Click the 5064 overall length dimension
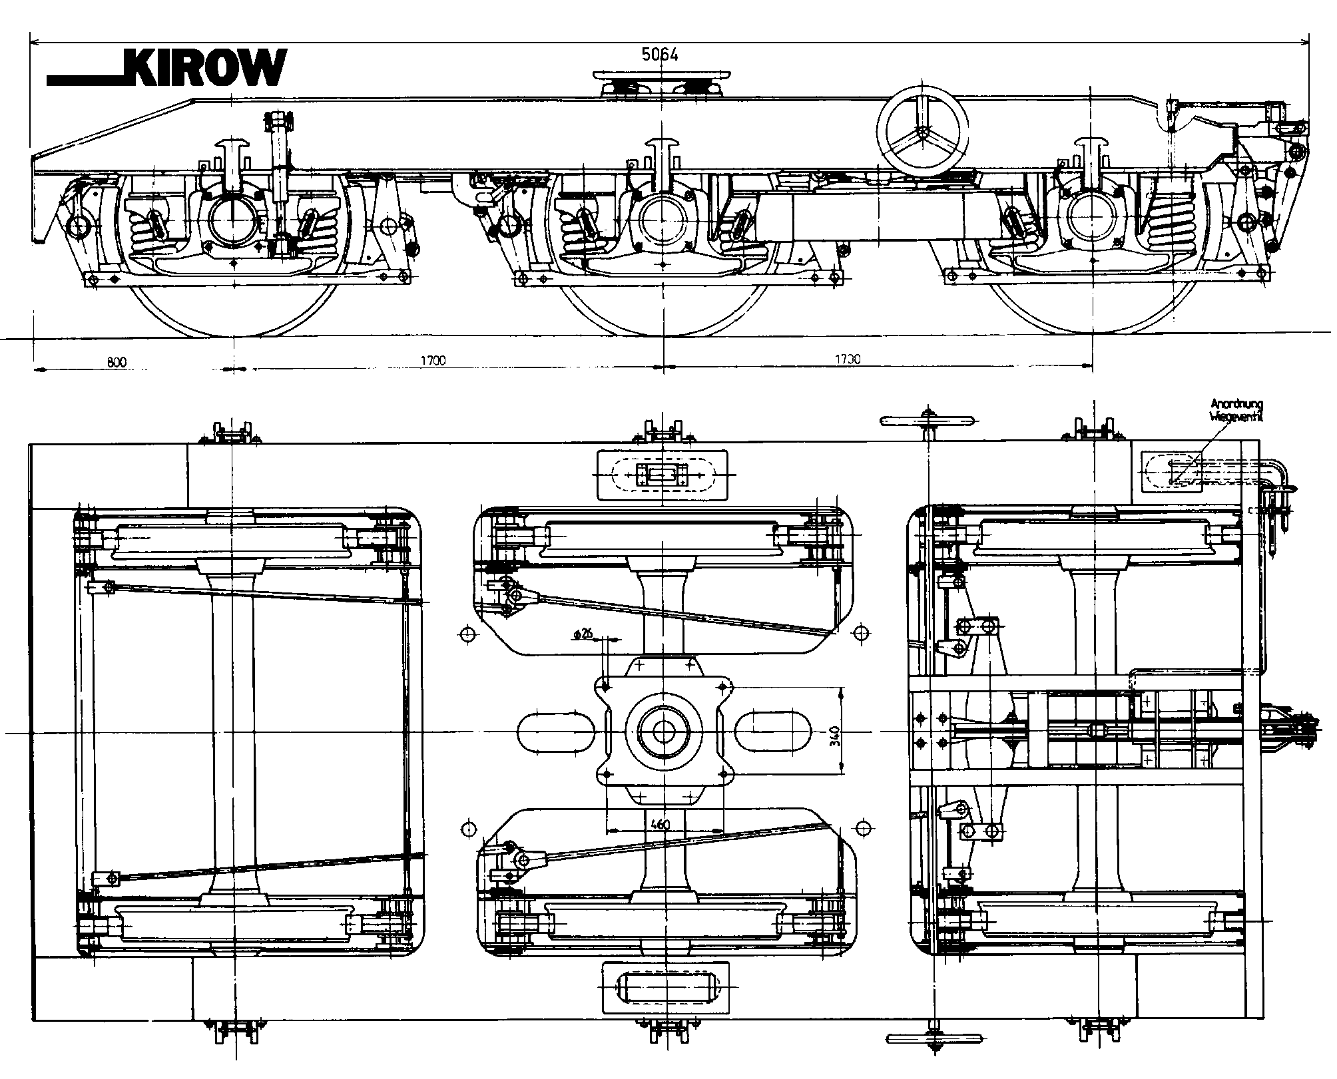coord(659,55)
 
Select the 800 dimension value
coord(116,362)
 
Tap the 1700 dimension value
coord(433,361)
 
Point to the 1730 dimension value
coord(848,359)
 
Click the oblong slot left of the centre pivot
coord(556,732)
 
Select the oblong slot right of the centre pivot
coord(772,732)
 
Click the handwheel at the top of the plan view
coord(926,421)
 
